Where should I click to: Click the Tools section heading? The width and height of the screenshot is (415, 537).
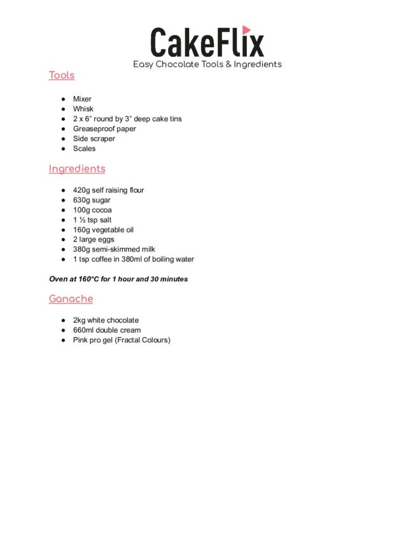62,75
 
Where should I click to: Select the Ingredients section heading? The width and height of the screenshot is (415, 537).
77,169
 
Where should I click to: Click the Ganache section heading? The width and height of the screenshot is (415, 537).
71,298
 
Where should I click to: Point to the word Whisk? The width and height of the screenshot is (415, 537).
83,109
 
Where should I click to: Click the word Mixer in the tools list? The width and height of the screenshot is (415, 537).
82,99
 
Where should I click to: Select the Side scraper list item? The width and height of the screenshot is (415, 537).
94,139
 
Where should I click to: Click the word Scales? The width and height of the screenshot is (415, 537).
84,148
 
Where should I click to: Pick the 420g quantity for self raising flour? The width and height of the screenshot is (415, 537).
81,190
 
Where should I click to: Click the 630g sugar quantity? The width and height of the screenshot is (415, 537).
81,200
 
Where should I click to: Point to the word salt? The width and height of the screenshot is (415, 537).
106,220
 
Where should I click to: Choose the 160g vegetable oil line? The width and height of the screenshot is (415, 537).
103,230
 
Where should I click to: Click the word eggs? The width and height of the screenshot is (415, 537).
105,239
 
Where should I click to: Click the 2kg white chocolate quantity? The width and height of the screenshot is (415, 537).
79,320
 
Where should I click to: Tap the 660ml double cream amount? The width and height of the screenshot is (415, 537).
83,330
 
